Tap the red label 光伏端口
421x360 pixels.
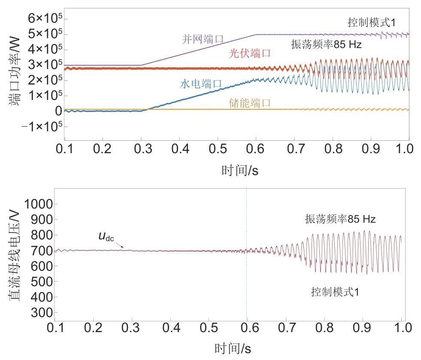pos(250,54)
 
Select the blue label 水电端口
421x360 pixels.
pos(200,85)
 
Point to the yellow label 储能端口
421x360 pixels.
pos(249,103)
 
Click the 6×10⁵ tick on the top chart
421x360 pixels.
pos(45,18)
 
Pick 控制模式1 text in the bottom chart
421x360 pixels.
pos(335,293)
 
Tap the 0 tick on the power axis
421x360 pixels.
pos(58,111)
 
